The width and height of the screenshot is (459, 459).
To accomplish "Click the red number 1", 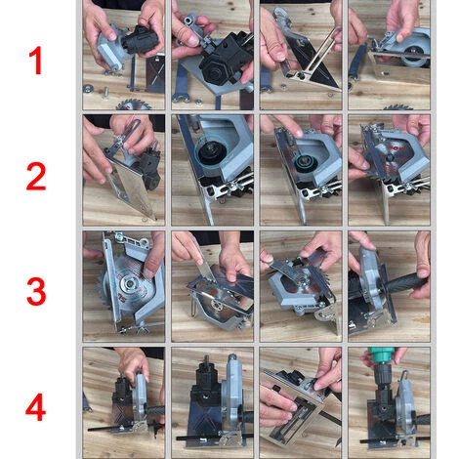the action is [x=36, y=61].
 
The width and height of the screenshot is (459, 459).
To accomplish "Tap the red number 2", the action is [x=36, y=177].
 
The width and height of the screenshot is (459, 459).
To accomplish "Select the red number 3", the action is [x=36, y=291].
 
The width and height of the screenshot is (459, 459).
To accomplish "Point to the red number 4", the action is [x=35, y=407].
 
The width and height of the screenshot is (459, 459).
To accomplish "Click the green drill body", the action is [x=381, y=354].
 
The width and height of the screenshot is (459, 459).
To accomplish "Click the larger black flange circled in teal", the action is [x=212, y=152].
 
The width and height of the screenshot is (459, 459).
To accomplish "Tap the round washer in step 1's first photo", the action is [x=88, y=88].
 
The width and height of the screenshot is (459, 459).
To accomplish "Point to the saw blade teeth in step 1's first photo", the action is [x=134, y=104].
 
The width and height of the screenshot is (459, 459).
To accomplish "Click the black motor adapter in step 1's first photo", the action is [x=141, y=40].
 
